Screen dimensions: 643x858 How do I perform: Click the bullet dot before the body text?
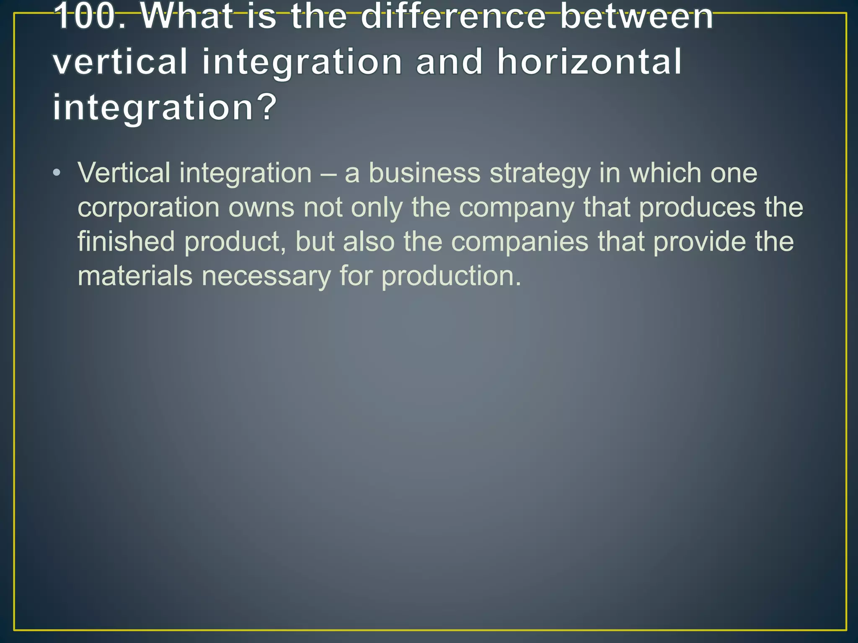point(57,173)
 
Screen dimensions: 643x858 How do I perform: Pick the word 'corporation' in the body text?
point(148,208)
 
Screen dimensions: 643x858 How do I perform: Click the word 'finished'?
point(126,242)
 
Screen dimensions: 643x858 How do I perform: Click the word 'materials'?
point(135,276)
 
